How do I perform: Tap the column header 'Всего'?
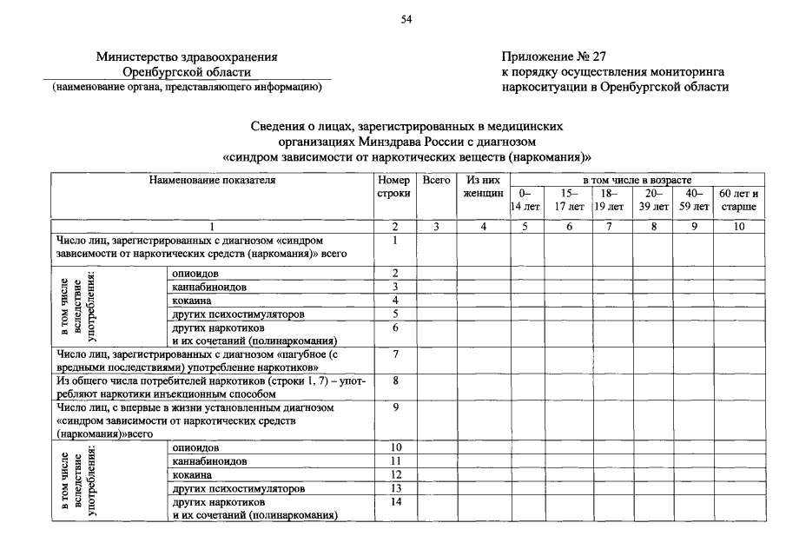[x=436, y=181]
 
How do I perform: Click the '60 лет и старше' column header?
[x=738, y=201]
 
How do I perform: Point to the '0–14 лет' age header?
[x=526, y=201]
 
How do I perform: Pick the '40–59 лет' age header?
[x=693, y=201]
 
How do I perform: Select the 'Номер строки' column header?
[x=394, y=187]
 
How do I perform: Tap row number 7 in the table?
[x=395, y=354]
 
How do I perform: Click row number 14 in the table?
[x=395, y=502]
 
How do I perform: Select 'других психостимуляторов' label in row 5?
[x=239, y=314]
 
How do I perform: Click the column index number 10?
[x=738, y=227]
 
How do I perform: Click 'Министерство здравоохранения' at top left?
[x=187, y=57]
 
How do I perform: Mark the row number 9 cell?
[x=395, y=407]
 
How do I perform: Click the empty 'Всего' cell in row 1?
[x=436, y=248]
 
